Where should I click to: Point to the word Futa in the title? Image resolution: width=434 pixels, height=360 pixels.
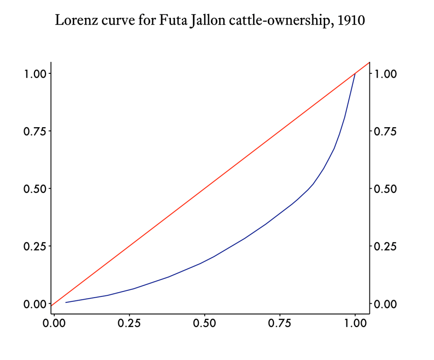pyautogui.click(x=172, y=20)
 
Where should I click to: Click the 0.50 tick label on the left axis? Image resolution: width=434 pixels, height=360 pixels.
pyautogui.click(x=33, y=189)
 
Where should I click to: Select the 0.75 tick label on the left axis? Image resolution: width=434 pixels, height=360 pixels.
pyautogui.click(x=33, y=131)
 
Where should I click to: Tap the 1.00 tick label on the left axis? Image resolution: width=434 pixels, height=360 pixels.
pyautogui.click(x=33, y=74)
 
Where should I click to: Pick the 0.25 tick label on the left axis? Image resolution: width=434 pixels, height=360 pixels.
pyautogui.click(x=33, y=246)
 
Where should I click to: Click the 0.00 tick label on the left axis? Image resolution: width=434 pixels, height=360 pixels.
pyautogui.click(x=33, y=304)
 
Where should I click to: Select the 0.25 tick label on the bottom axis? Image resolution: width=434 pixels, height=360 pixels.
pyautogui.click(x=129, y=324)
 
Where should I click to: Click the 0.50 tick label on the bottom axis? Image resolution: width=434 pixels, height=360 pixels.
pyautogui.click(x=205, y=324)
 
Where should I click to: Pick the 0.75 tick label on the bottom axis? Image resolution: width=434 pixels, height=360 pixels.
pyautogui.click(x=280, y=324)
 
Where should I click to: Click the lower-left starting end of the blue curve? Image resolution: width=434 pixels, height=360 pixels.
pyautogui.click(x=66, y=302)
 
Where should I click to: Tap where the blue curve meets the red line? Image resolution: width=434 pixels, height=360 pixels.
pyautogui.click(x=355, y=73)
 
